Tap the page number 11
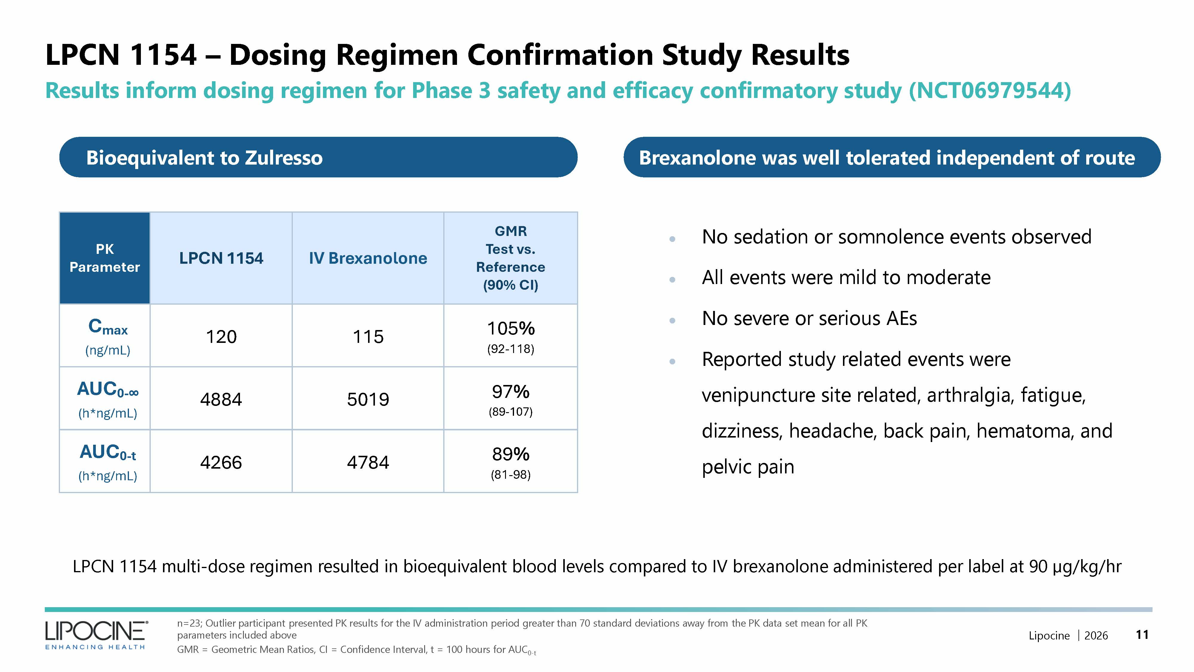pos(1142,634)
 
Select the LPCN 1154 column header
pos(221,258)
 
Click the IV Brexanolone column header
pos(368,258)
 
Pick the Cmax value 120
pos(221,337)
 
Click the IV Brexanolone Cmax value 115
pos(368,337)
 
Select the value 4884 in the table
pos(221,399)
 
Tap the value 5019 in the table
pos(368,399)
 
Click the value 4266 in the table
pos(221,462)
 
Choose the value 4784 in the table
pos(368,462)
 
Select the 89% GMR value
pos(510,455)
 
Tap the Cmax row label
pos(107,327)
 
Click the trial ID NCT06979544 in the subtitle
pos(989,90)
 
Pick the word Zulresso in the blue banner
pos(283,158)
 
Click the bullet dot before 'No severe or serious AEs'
pos(672,320)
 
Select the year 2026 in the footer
pos(1096,635)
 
